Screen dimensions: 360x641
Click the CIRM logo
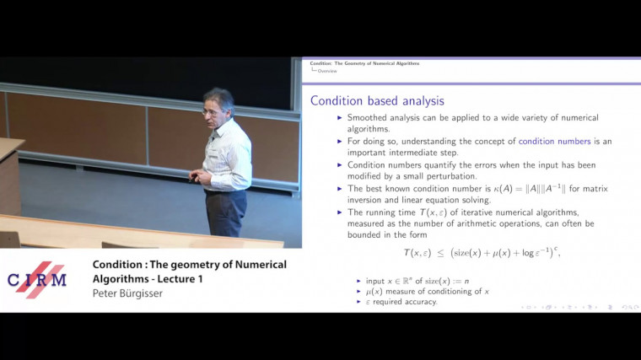pos(38,281)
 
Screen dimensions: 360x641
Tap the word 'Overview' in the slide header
pos(328,71)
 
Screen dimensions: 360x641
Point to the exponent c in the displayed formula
pos(558,245)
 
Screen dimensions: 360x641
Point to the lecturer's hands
pos(197,176)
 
